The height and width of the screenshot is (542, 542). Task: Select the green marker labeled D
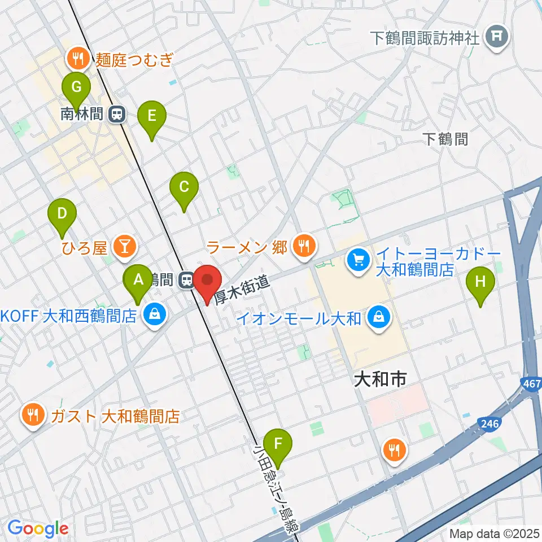click(x=62, y=215)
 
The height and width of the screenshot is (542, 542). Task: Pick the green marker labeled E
click(x=151, y=117)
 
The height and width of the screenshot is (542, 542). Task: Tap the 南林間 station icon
click(x=117, y=115)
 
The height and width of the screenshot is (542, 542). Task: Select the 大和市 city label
click(x=379, y=379)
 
